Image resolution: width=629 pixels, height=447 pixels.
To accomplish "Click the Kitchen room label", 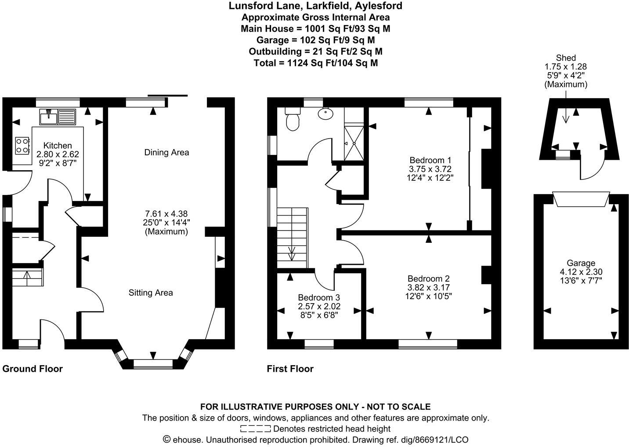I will click(58, 146).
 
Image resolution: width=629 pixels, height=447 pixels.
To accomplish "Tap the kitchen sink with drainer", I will click(58, 117).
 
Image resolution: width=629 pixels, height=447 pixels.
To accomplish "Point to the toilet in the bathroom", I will click(292, 120).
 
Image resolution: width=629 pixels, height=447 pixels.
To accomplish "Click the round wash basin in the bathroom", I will click(325, 114).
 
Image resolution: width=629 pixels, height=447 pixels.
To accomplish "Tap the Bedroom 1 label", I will click(430, 160).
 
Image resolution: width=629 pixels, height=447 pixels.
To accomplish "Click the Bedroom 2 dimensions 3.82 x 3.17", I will click(428, 287).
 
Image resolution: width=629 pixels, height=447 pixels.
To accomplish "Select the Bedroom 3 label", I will click(318, 297).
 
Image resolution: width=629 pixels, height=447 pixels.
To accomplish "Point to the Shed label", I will click(566, 58).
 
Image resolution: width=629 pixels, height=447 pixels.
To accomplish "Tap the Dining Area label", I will click(166, 153).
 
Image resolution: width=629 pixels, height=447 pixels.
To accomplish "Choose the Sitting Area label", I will click(151, 293).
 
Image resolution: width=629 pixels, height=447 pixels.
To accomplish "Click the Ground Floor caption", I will click(33, 369).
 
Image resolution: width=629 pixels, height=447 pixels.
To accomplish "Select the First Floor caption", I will click(290, 369).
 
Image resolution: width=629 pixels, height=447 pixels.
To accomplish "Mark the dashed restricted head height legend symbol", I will click(255, 429).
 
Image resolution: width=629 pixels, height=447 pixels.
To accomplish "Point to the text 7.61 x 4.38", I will click(166, 214).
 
